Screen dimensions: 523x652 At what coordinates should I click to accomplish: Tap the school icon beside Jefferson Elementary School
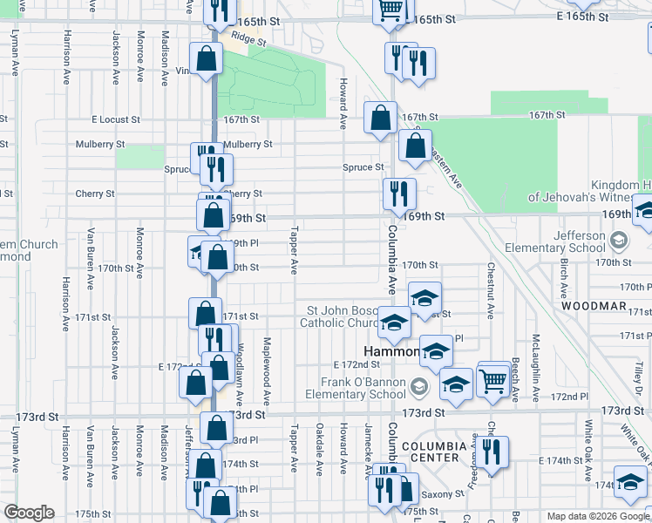[618, 239]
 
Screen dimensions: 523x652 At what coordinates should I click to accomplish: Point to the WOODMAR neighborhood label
[594, 306]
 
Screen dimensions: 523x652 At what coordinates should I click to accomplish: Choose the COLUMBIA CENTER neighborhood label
[430, 451]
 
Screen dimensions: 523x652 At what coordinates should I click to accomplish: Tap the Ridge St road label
[248, 40]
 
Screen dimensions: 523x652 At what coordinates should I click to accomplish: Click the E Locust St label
[116, 119]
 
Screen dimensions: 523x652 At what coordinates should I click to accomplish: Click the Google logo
[29, 513]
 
